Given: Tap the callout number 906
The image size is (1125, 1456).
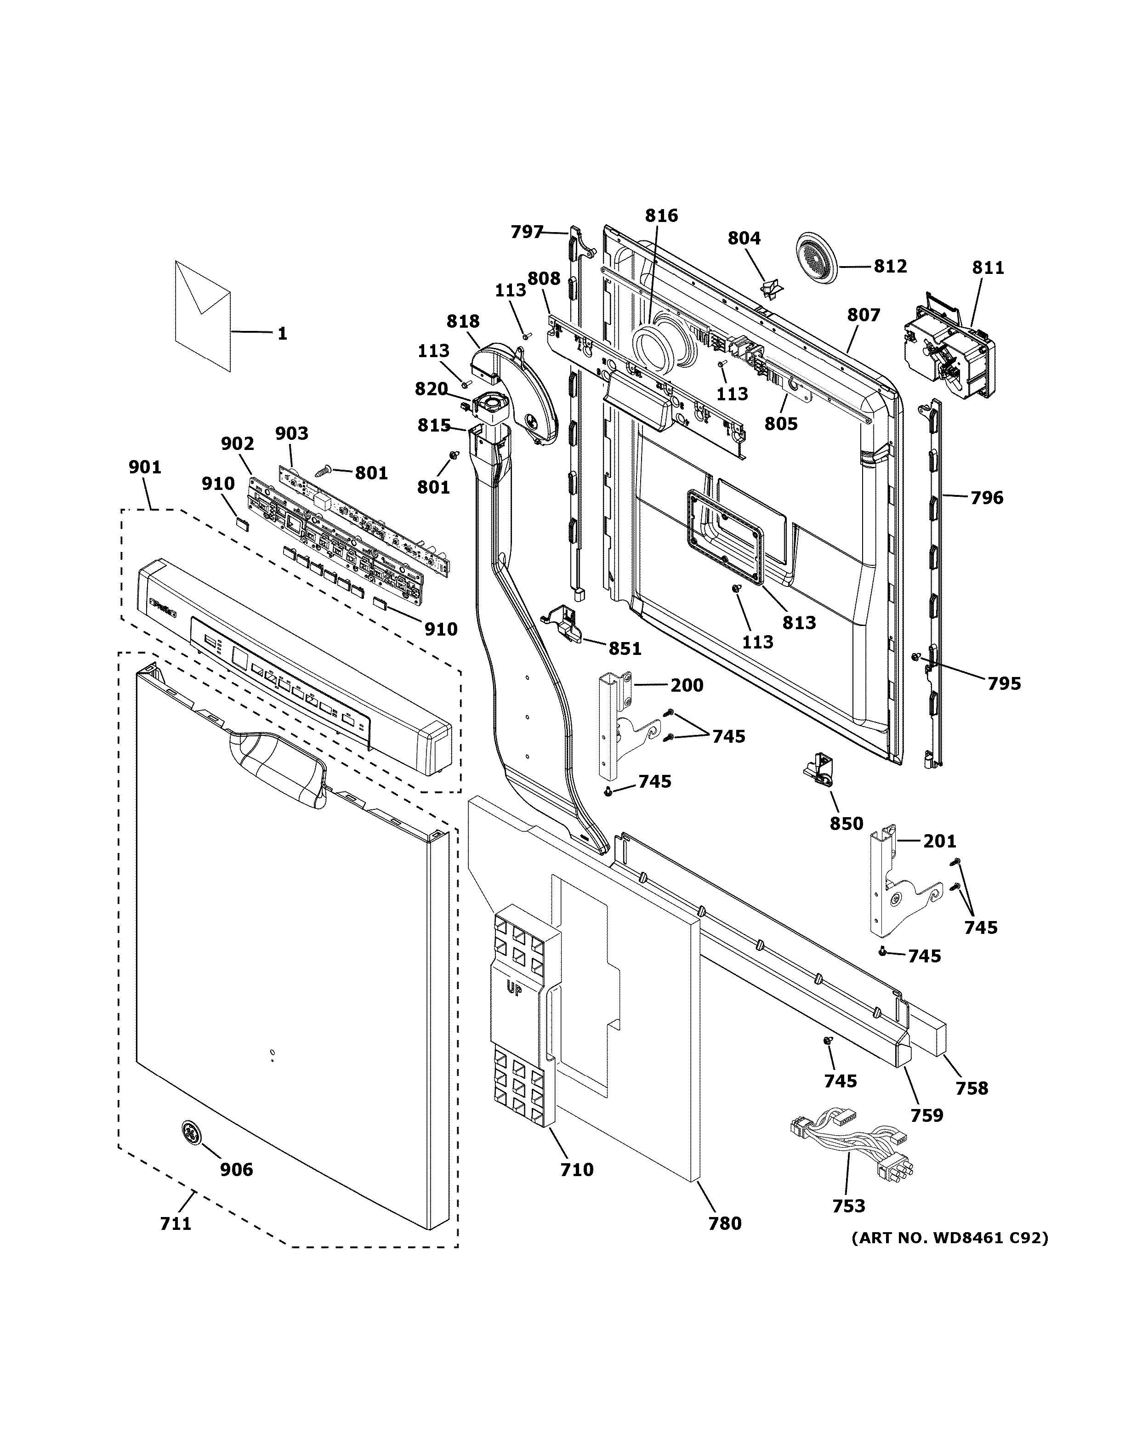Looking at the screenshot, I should pyautogui.click(x=237, y=1169).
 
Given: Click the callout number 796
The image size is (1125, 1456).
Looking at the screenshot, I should pyautogui.click(x=986, y=497).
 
